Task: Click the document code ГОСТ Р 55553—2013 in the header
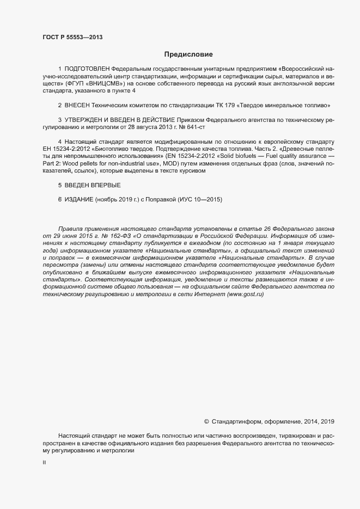click(72, 37)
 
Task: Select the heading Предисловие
click(188, 54)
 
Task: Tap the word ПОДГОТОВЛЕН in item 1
click(87, 70)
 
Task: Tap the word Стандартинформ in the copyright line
click(236, 421)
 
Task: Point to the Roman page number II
click(44, 463)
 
